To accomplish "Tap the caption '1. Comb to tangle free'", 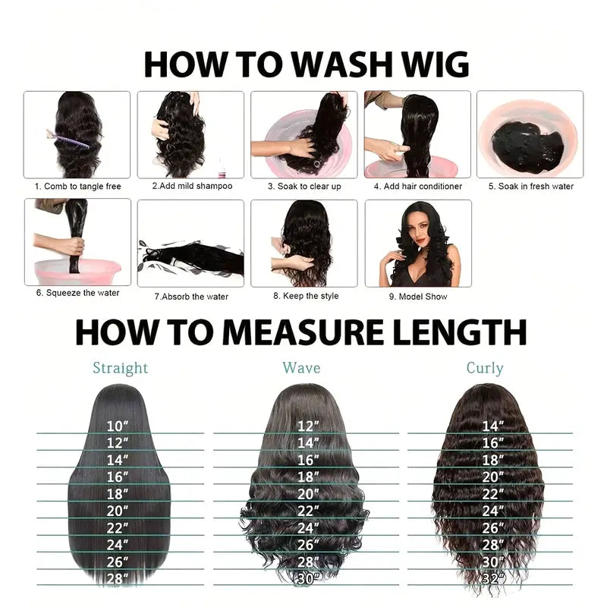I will tap(77, 186).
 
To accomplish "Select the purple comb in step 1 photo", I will tap(55, 136).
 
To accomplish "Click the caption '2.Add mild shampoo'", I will tap(192, 186).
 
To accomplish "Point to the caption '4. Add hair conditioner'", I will tap(417, 186).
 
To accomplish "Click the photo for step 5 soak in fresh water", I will tap(530, 135).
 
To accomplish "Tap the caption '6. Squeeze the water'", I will tap(77, 293).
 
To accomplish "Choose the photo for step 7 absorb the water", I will tap(190, 243).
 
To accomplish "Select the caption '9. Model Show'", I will tap(418, 297).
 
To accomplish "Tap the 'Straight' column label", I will tap(120, 369).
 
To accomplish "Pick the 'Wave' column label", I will tap(301, 368).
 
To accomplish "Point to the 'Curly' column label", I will tap(485, 369).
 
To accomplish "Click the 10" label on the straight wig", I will tap(118, 426).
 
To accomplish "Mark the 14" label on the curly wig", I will tap(492, 426).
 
